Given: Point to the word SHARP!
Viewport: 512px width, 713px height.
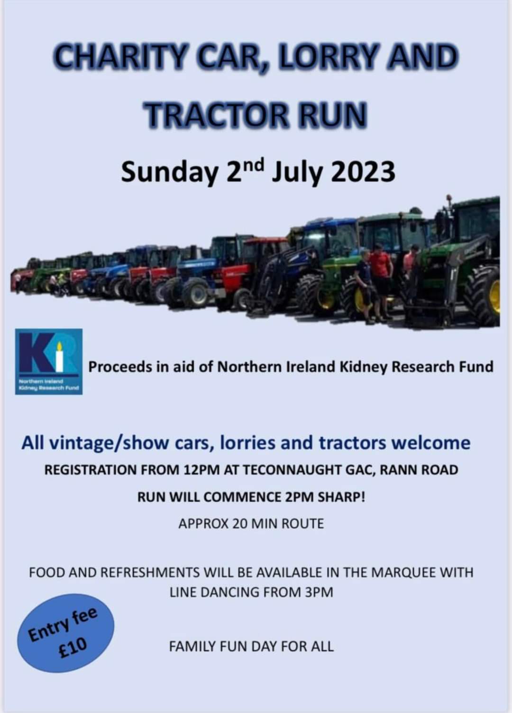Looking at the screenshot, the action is [341, 497].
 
